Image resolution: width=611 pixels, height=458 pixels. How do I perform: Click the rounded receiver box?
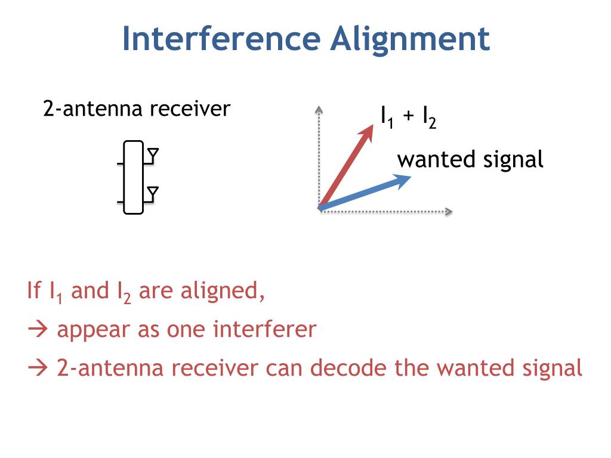pos(134,177)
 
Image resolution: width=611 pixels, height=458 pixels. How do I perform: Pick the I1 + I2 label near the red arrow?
pos(409,117)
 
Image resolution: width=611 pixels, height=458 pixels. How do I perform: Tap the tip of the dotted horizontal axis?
pos(450,211)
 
